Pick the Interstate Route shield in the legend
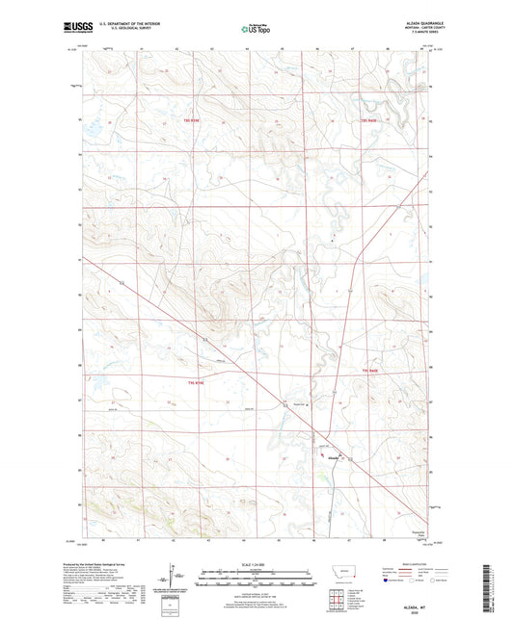390,581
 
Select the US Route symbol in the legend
415,581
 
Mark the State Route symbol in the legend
440,581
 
